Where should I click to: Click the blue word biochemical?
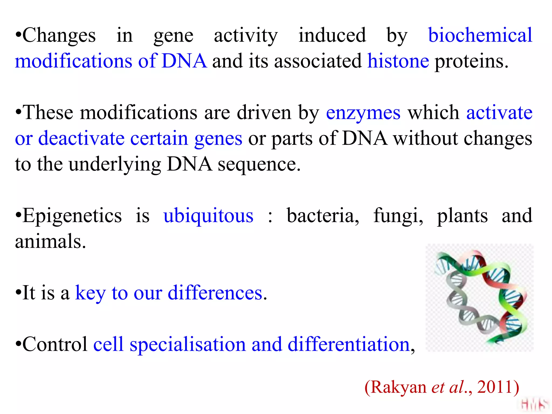click(x=480, y=35)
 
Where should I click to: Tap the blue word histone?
click(x=398, y=61)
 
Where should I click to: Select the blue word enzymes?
click(x=363, y=113)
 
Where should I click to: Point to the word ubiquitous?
click(x=208, y=216)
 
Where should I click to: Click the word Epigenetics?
click(x=72, y=216)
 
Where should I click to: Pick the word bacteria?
click(x=323, y=216)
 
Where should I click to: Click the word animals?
click(x=50, y=241)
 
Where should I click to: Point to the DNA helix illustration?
click(x=479, y=298)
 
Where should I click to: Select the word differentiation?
click(x=349, y=344)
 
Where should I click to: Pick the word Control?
click(x=55, y=344)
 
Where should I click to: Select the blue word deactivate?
click(x=81, y=139)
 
